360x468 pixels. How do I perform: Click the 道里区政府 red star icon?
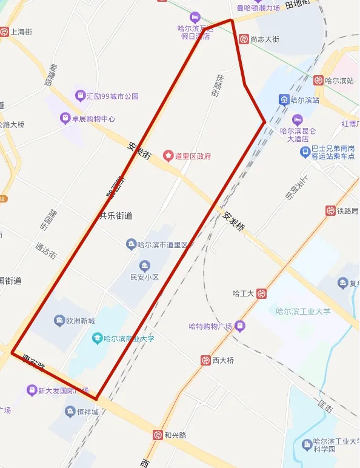click(x=168, y=156)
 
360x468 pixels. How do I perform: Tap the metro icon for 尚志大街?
click(x=243, y=39)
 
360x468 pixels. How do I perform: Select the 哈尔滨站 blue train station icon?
click(x=283, y=99)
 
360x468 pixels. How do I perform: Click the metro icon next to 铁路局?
click(x=330, y=211)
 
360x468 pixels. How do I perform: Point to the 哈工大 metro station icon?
click(x=261, y=293)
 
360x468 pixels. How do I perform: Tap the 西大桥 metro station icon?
click(x=206, y=360)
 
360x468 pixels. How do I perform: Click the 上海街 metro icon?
click(x=4, y=32)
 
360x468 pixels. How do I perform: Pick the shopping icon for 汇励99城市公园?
click(x=79, y=96)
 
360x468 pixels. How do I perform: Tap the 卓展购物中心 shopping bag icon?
click(x=65, y=119)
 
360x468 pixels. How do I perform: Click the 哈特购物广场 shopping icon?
click(x=240, y=326)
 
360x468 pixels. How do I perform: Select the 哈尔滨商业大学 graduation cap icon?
click(x=97, y=338)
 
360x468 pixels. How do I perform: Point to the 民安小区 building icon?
click(x=144, y=266)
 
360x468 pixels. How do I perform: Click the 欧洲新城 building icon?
click(x=59, y=320)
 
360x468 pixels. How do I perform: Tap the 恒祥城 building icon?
click(x=70, y=412)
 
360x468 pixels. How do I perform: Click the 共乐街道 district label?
click(x=115, y=215)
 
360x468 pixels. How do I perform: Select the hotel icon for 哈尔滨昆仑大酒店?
click(x=297, y=119)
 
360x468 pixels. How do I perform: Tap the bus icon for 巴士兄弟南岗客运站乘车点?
click(x=305, y=151)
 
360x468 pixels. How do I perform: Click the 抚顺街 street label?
click(x=217, y=85)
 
